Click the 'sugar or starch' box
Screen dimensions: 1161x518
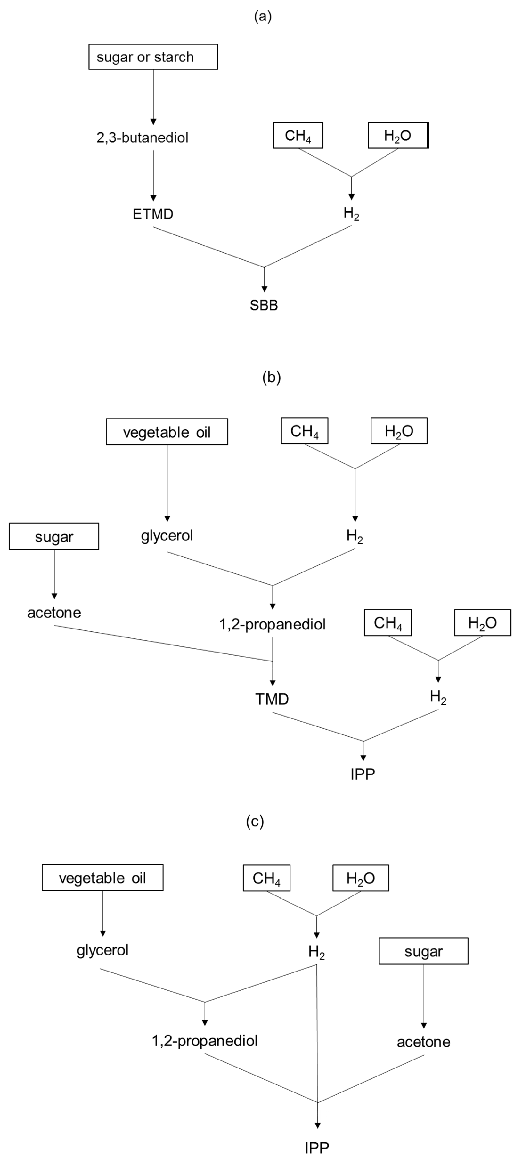tap(153, 57)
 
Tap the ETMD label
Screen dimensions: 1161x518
tap(153, 214)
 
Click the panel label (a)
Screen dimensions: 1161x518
tap(263, 17)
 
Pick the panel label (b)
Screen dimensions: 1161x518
tap(271, 377)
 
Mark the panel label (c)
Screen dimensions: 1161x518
tap(255, 821)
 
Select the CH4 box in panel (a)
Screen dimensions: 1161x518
tap(298, 135)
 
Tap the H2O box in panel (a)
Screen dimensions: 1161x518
tap(398, 135)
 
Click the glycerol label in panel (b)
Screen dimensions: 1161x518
tap(167, 536)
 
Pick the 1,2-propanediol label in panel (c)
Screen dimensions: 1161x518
tap(205, 1041)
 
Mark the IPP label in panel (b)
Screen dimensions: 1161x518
tap(363, 774)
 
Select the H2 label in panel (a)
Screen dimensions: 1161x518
tap(351, 214)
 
